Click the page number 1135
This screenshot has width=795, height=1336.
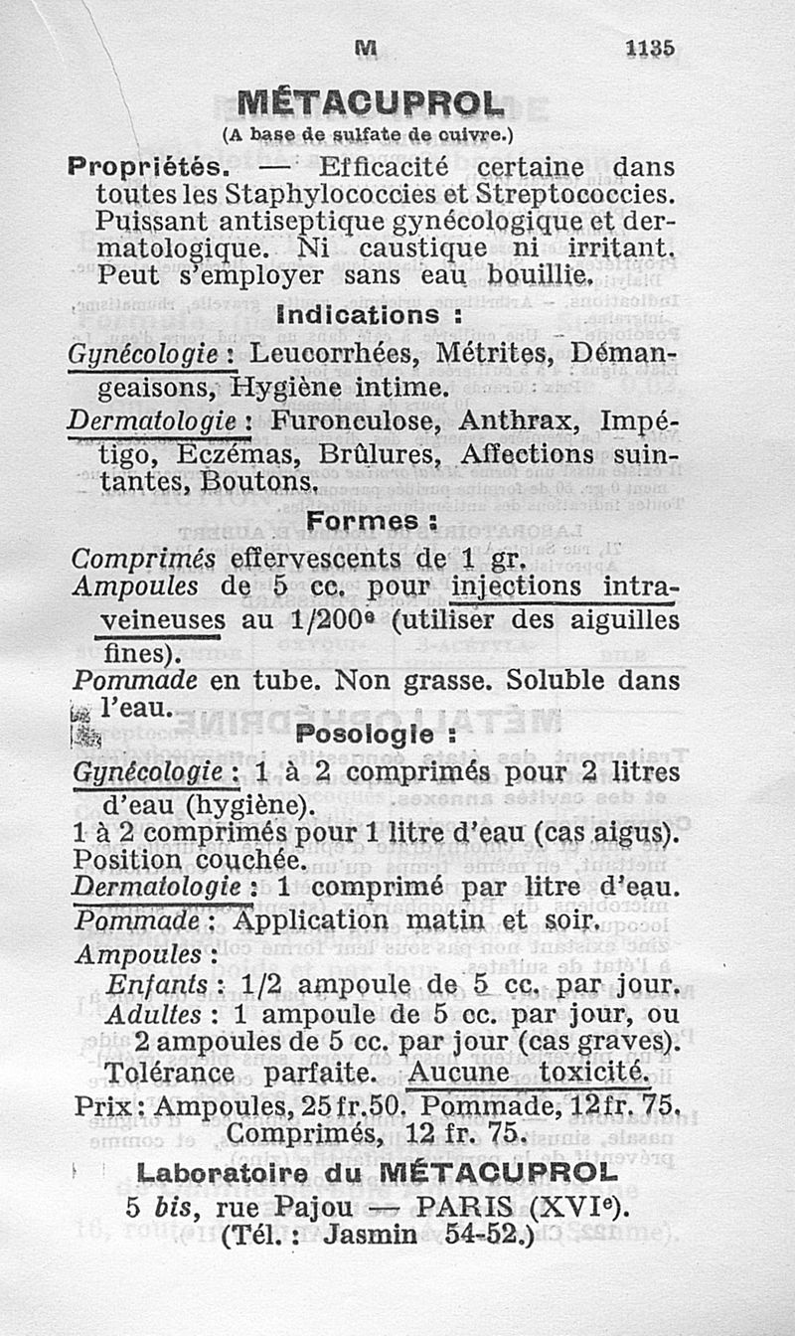click(650, 48)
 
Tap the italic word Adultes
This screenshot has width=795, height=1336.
click(156, 1015)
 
